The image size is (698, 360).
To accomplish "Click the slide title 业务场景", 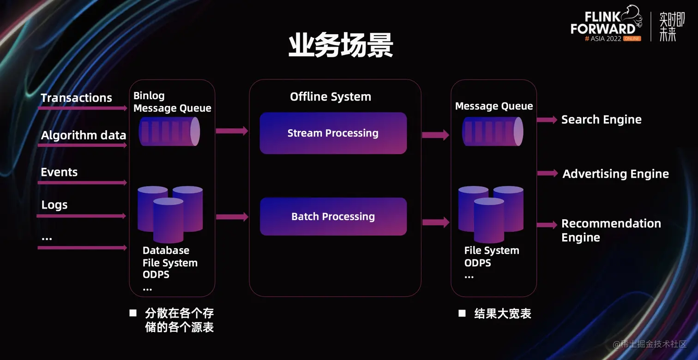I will point(341,46).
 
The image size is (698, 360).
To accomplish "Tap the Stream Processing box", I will point(333,133).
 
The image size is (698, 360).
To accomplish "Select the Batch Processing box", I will point(333,216).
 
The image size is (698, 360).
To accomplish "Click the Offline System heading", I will point(330,97).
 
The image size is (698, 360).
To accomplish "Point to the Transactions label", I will point(76,98).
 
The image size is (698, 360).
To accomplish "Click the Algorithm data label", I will point(84,135).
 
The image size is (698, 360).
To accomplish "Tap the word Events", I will point(59,172).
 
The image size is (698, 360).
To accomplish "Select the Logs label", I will point(54,205).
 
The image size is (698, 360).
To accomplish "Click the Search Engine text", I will point(601,120).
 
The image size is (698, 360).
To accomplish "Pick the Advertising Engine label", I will point(615,174).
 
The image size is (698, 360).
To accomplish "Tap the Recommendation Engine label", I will point(611,230).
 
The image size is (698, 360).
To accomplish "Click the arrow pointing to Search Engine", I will point(548,120).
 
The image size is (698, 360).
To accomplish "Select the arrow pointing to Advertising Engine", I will point(548,174).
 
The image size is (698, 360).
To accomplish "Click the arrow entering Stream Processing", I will point(232,131).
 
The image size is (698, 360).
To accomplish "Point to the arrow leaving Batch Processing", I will point(435,222).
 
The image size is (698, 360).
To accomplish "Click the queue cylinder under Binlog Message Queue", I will point(169,132).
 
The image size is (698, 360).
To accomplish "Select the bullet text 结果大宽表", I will point(502,314).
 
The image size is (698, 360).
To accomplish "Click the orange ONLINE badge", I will point(632,39).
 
